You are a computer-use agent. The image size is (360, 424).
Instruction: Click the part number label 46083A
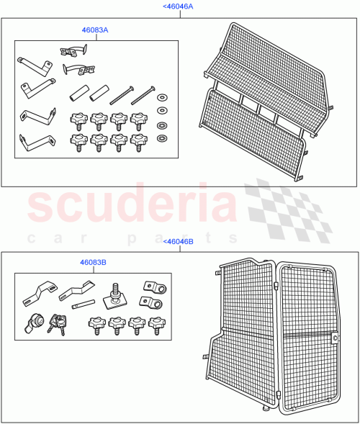pos(95,32)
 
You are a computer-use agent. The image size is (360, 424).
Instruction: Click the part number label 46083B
pos(94,263)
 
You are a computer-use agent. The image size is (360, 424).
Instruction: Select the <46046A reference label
pos(179,6)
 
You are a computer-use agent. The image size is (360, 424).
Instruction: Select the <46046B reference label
pos(179,242)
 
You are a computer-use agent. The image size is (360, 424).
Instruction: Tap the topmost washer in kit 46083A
pos(163,97)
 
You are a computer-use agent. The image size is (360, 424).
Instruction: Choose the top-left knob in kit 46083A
pos(77,118)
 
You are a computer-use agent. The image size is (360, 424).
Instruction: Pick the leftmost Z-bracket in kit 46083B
pos(41,294)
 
